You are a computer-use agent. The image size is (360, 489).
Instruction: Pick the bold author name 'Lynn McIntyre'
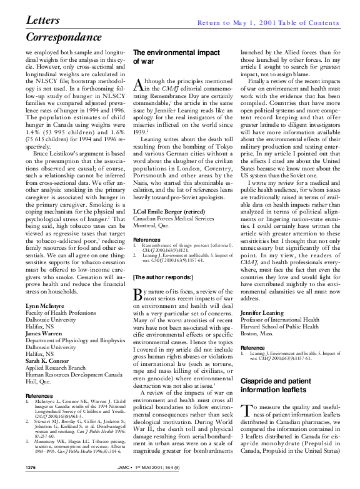point(44,307)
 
